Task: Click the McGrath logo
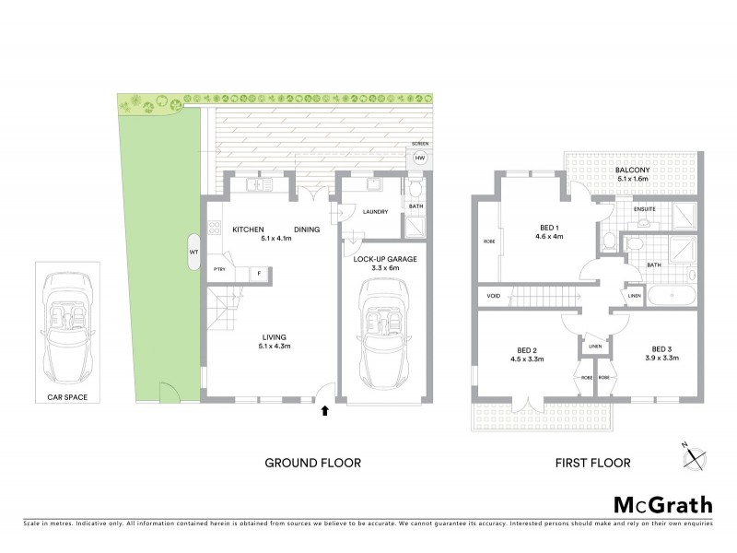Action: tap(662, 504)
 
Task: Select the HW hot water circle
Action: tap(420, 159)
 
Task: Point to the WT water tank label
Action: tap(193, 251)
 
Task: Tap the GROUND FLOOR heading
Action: tap(313, 463)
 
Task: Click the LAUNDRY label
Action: tap(375, 212)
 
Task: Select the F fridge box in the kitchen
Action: tap(260, 273)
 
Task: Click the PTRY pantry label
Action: tap(219, 269)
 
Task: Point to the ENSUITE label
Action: tap(645, 209)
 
